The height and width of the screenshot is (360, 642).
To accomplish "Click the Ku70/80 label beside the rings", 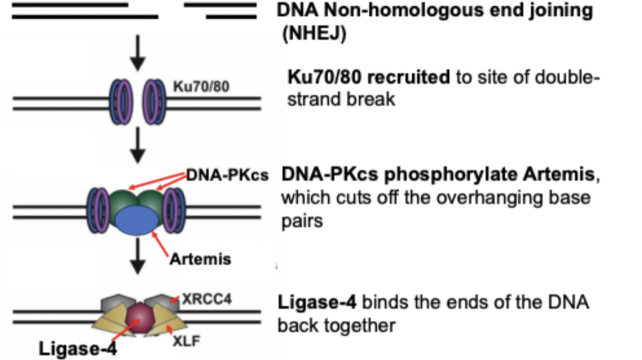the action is pos(201,86).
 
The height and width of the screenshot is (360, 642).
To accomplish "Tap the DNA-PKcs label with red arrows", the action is pos(227,175).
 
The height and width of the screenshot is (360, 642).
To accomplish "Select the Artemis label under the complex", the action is pos(200,259).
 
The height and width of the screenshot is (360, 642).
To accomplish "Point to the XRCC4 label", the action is pos(206,299).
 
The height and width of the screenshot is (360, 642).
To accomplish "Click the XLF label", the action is pos(186,341).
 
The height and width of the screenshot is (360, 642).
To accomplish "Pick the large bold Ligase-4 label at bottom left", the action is pos(78,349).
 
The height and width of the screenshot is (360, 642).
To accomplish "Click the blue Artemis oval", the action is pos(137,220).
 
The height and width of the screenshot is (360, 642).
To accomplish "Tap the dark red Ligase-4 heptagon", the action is pos(140,318).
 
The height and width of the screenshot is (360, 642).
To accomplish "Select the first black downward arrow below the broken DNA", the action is pos(138,53).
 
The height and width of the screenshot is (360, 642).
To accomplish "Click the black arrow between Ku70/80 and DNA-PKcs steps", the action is pos(138,146).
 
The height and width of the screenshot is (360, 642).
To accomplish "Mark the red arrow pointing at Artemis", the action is pos(160,244).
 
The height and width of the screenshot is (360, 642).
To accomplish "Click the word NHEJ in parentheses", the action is pos(314,33).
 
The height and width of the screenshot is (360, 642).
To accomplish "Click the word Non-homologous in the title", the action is pos(403,10).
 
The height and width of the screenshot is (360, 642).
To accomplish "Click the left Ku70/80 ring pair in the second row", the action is pos(121,102).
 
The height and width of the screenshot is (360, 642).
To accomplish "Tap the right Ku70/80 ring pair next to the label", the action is pos(154,102).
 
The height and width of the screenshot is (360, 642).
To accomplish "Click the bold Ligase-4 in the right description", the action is pos(317,303).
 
